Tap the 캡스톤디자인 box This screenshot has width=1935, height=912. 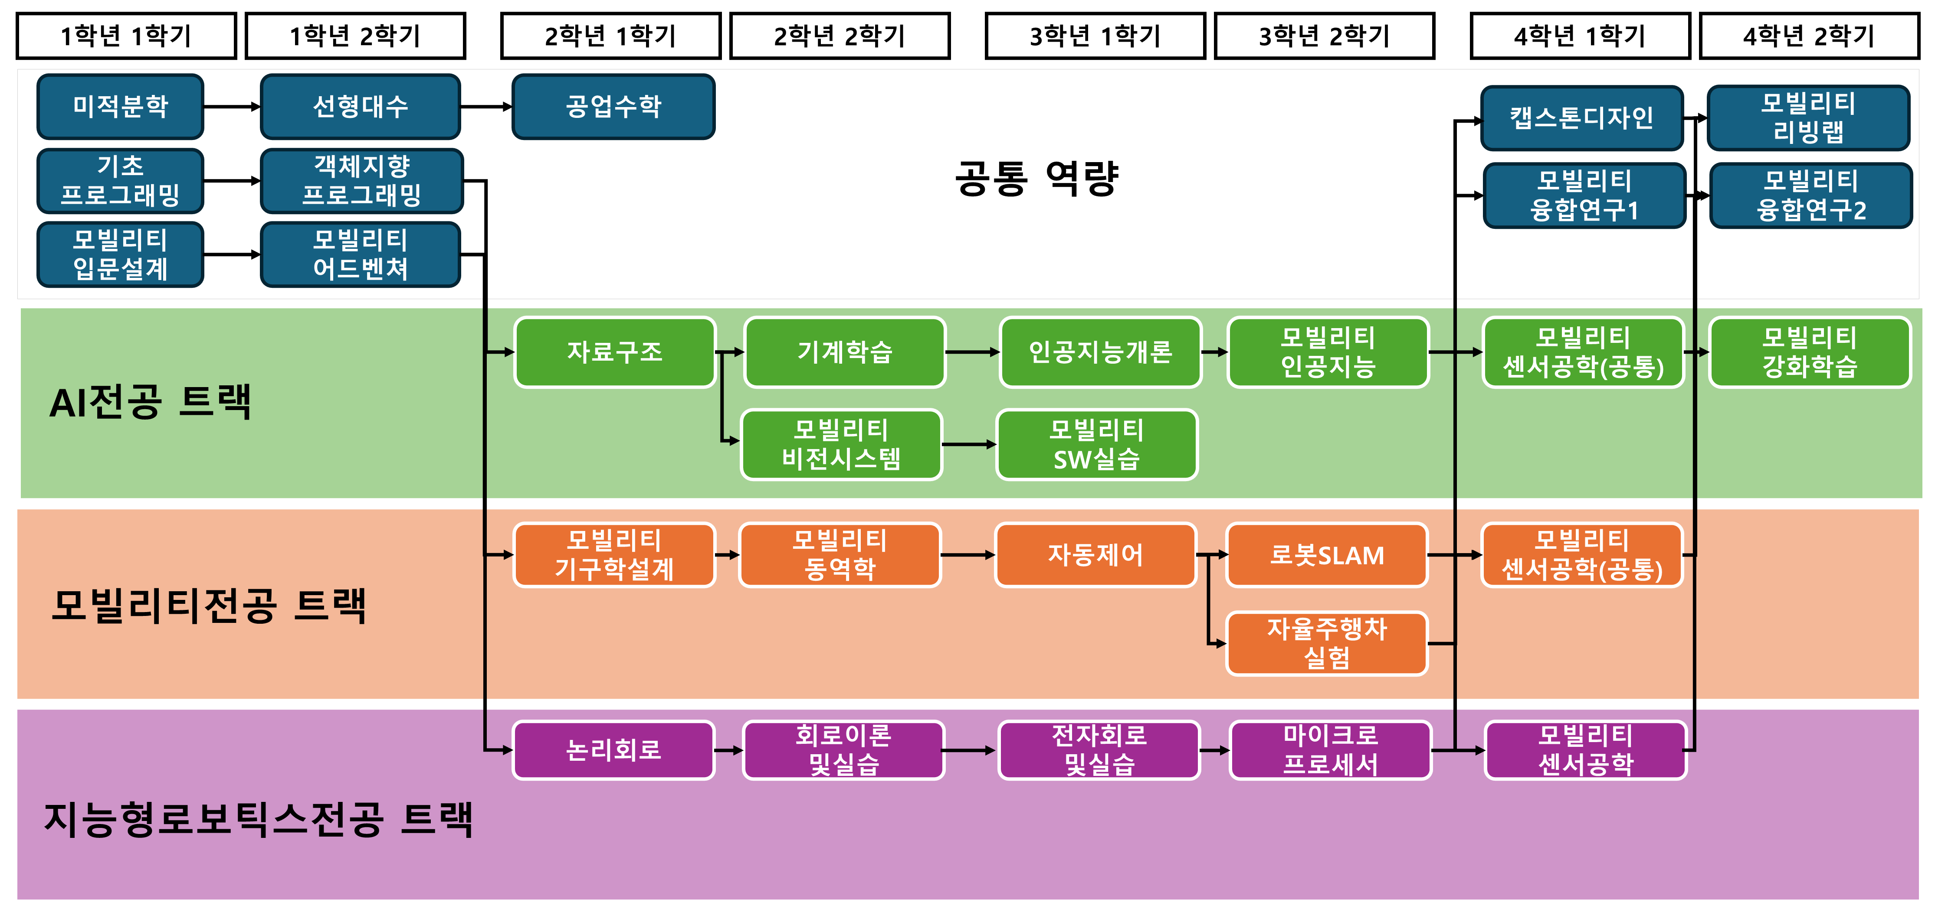pyautogui.click(x=1581, y=118)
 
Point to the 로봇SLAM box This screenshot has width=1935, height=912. pyautogui.click(x=1327, y=555)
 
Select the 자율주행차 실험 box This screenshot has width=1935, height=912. pyautogui.click(x=1327, y=643)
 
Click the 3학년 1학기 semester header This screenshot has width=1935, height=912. pyautogui.click(x=1095, y=35)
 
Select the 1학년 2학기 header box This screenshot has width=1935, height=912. pyautogui.click(x=355, y=35)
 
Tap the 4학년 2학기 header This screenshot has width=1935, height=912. pyautogui.click(x=1809, y=35)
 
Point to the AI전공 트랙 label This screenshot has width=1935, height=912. pyautogui.click(x=150, y=402)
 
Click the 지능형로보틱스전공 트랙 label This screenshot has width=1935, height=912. pyautogui.click(x=259, y=819)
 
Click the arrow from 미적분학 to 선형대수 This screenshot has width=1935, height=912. pyautogui.click(x=231, y=107)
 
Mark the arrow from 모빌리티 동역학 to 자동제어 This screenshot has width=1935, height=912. pyautogui.click(x=967, y=555)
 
